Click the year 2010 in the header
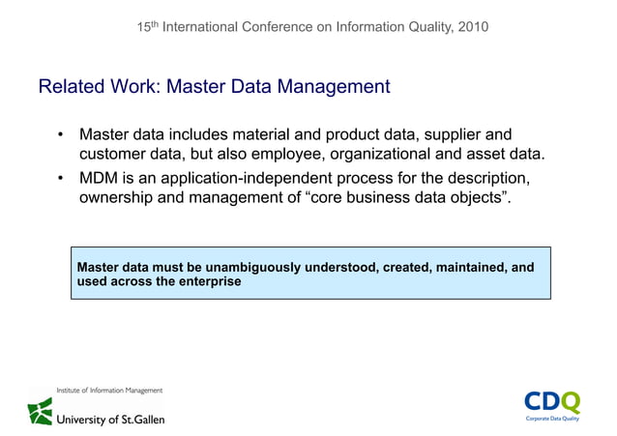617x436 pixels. pos(469,27)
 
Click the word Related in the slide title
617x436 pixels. pos(70,87)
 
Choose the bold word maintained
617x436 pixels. pos(463,266)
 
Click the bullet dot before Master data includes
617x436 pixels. pos(60,134)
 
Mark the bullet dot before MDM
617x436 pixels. pos(60,179)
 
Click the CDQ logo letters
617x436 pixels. pos(551,401)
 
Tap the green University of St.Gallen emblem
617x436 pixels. pos(41,412)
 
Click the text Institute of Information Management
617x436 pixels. pos(96,390)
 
